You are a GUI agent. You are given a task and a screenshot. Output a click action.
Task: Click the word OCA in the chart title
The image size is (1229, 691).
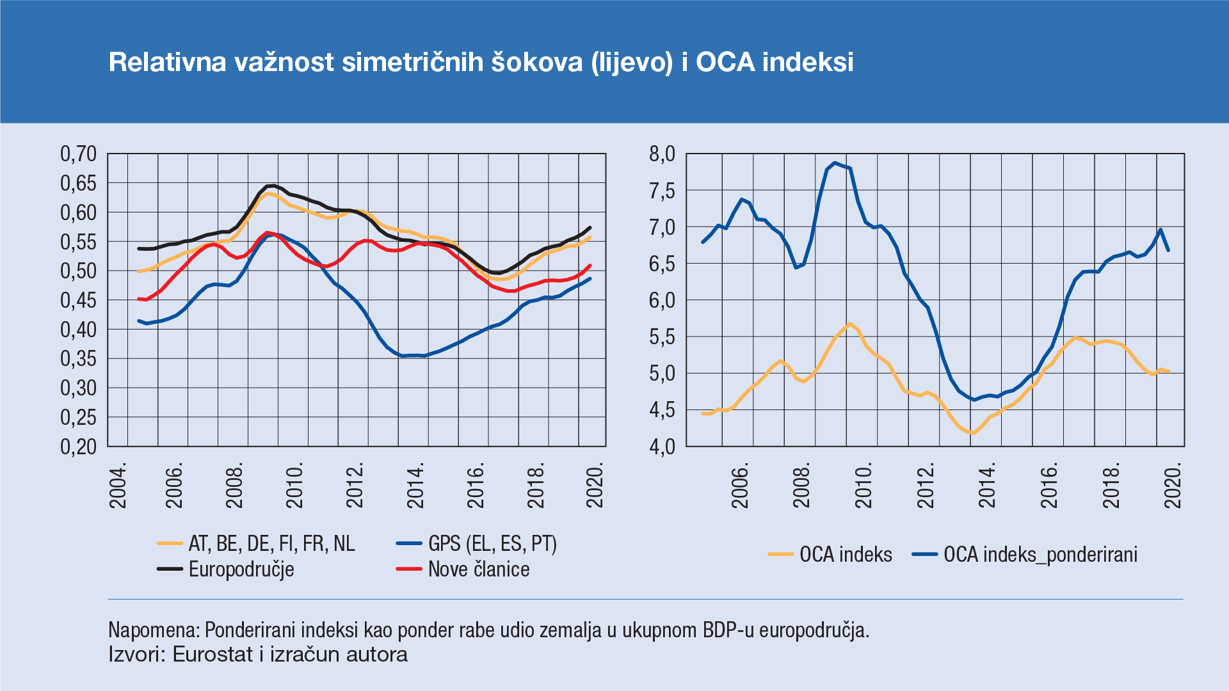[x=725, y=62]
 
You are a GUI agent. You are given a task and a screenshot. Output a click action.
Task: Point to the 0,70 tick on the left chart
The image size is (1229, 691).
[x=78, y=154]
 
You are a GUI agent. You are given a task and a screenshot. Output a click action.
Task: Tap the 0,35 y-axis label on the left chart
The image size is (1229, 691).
[x=78, y=358]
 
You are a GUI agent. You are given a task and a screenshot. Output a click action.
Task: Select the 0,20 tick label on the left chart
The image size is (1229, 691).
[x=78, y=447]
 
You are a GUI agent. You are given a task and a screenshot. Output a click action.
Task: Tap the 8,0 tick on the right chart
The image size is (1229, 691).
[x=662, y=154]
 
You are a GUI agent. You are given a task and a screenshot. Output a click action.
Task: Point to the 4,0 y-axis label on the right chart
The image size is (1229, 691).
[x=662, y=447]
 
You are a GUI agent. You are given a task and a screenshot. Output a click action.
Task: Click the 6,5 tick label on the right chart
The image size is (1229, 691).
[x=662, y=264]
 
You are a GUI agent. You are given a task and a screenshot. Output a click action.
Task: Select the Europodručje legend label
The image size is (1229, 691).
[x=241, y=569]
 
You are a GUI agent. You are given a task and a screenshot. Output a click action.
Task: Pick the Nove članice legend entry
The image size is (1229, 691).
[x=479, y=569]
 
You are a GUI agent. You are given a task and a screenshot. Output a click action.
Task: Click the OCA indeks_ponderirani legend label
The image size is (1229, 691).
[x=1040, y=554]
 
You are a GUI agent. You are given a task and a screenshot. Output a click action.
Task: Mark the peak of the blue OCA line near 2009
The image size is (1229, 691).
[x=835, y=163]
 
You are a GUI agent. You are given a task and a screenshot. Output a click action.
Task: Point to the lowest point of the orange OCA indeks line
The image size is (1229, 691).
[x=972, y=433]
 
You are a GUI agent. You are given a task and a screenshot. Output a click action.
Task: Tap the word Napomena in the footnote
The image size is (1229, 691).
[x=153, y=630]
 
